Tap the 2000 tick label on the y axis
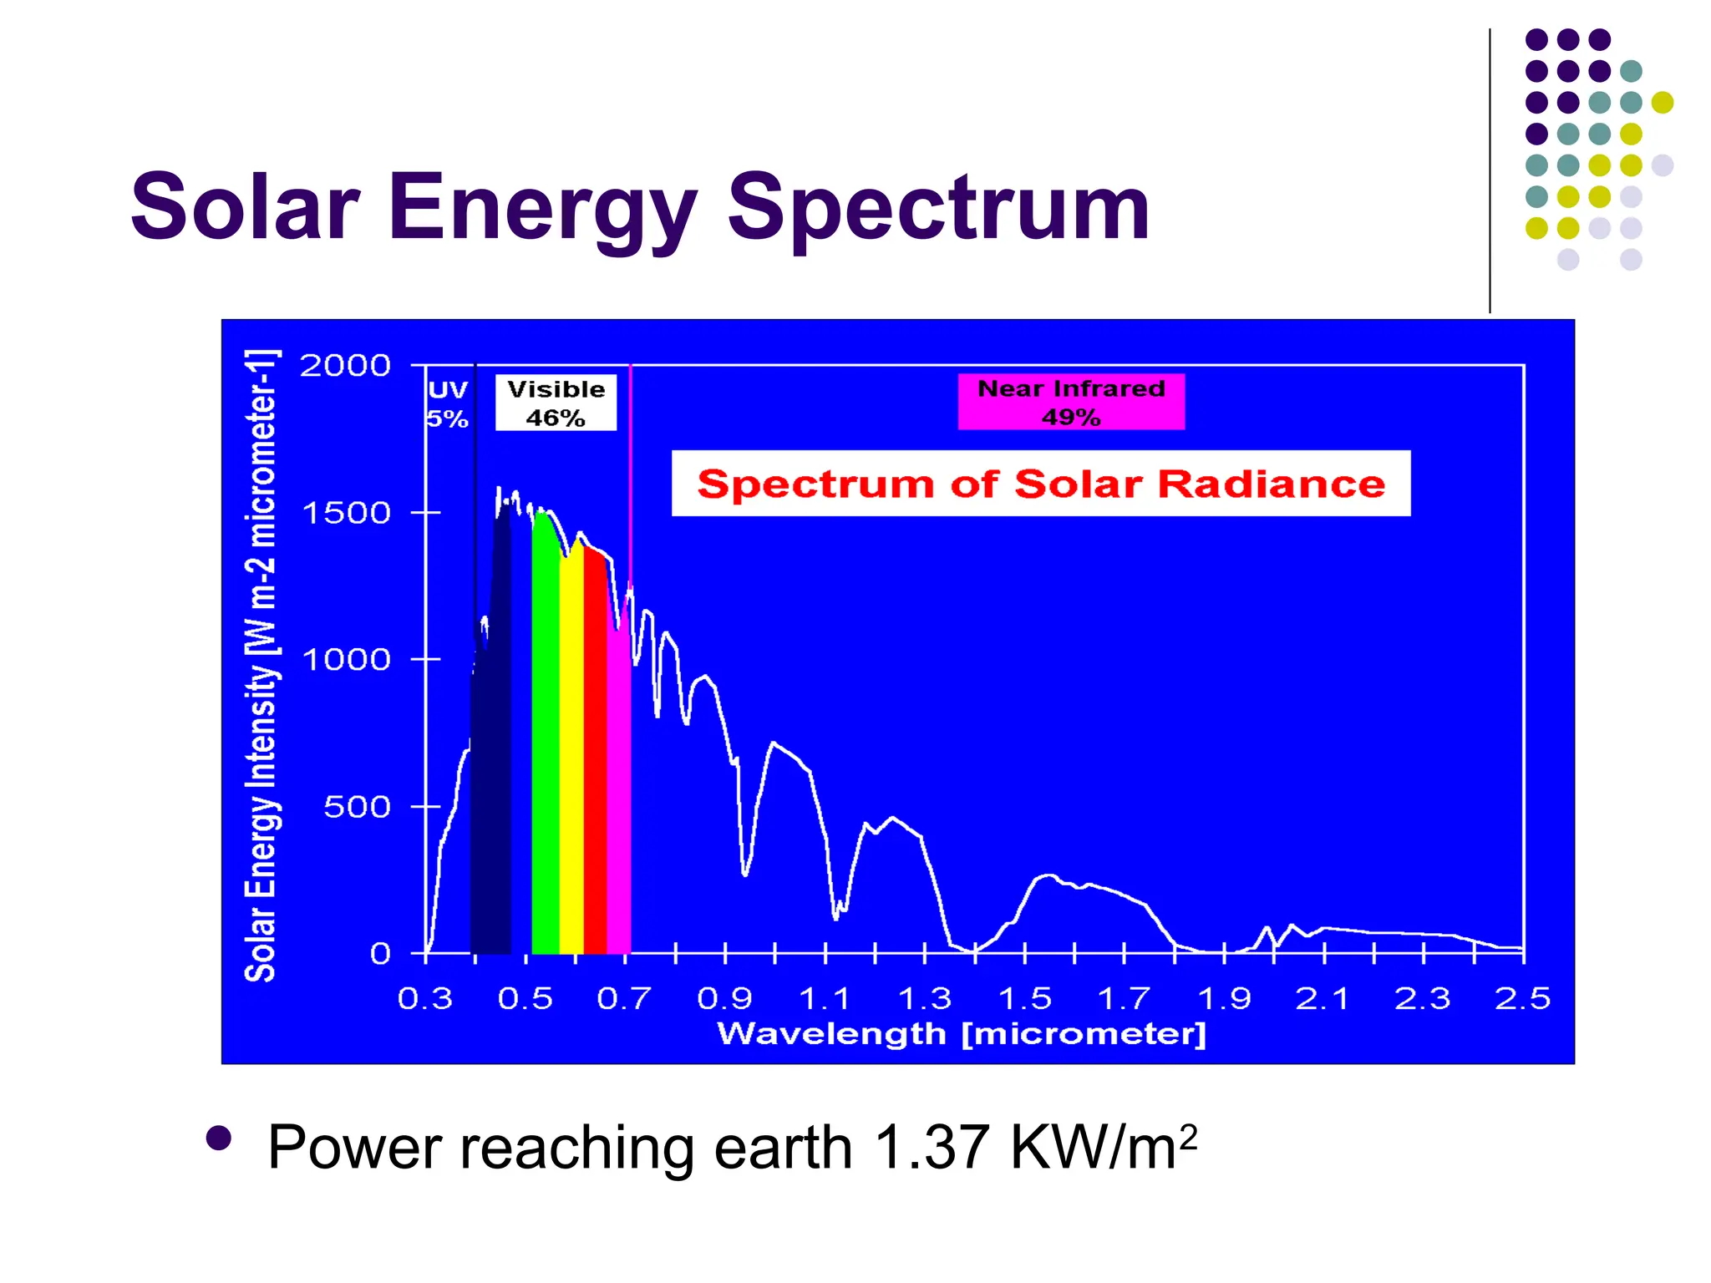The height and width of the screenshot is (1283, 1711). pyautogui.click(x=345, y=366)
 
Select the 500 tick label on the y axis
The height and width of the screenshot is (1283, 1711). pyautogui.click(x=357, y=807)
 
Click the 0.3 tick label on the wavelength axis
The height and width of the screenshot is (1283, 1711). pyautogui.click(x=425, y=999)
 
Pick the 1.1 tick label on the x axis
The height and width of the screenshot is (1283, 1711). pyautogui.click(x=825, y=999)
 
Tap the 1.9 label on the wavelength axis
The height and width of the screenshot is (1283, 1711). pyautogui.click(x=1224, y=999)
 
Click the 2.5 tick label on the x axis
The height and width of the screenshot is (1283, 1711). pyautogui.click(x=1522, y=999)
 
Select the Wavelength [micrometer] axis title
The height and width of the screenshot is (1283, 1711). pyautogui.click(x=962, y=1034)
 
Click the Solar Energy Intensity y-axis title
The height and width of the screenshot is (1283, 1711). pyautogui.click(x=260, y=666)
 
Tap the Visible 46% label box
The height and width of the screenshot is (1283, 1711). pyautogui.click(x=556, y=403)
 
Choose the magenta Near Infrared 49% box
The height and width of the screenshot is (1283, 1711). pyautogui.click(x=1071, y=402)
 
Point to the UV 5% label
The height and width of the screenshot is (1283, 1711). pyautogui.click(x=448, y=403)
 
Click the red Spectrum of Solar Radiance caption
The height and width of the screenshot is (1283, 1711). pyautogui.click(x=1041, y=484)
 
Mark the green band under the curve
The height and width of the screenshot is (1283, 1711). pyautogui.click(x=545, y=752)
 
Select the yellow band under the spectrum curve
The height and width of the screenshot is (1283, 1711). pyautogui.click(x=571, y=752)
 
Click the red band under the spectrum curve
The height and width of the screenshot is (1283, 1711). pyautogui.click(x=595, y=752)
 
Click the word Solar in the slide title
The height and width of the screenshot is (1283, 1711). pyautogui.click(x=246, y=207)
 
